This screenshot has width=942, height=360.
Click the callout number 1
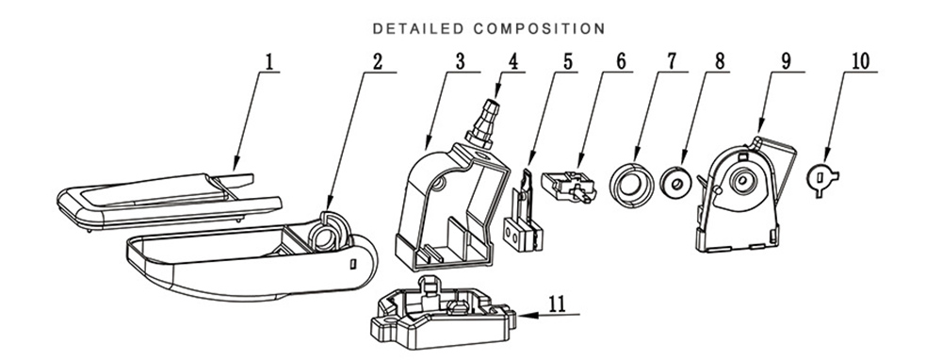coord(268,63)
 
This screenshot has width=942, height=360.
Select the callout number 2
coord(377,63)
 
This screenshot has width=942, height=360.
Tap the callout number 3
coord(459,63)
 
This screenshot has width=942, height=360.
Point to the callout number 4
coord(513,63)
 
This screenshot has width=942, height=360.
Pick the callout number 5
coord(568,63)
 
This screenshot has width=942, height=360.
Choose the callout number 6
coord(621,63)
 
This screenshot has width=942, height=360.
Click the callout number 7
coord(672,63)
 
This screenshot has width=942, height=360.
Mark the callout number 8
coord(720,63)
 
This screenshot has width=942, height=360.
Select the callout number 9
coord(786,63)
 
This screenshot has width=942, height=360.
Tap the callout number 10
coord(858,63)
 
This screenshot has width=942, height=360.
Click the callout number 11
coord(557,305)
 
